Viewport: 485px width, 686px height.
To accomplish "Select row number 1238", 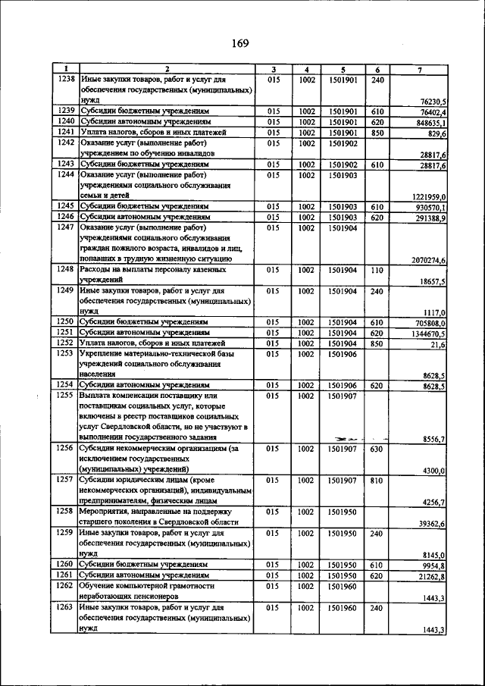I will (x=66, y=79).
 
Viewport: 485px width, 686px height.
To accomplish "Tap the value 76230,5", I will (x=433, y=101).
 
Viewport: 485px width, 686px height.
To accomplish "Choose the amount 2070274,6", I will (x=428, y=260).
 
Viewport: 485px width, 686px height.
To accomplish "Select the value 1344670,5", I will (x=429, y=333).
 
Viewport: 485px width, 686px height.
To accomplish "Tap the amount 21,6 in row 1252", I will (x=438, y=344).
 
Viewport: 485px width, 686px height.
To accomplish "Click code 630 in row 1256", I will (x=377, y=449).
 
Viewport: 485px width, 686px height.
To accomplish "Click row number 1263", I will (x=66, y=608).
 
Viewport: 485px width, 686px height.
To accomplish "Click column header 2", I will (x=166, y=70).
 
